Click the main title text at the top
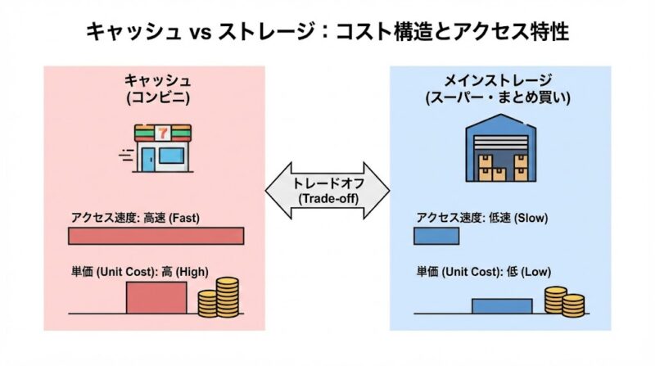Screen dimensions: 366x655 [327, 32]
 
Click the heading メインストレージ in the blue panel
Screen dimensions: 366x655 [497, 80]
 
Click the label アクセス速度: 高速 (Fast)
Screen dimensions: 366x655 [134, 218]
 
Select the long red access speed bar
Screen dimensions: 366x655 [156, 237]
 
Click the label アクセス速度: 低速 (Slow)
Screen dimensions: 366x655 [481, 218]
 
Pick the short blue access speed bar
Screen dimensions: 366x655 [436, 237]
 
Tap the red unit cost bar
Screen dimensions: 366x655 [156, 297]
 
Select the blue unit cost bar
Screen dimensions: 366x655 [502, 305]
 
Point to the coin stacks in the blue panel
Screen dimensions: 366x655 [564, 301]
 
